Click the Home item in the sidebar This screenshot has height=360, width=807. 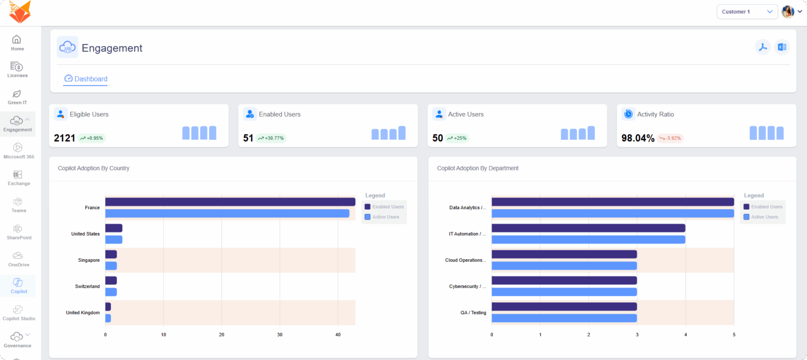point(17,43)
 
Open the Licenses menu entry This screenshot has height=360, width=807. point(17,70)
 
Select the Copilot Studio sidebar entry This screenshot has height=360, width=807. point(18,313)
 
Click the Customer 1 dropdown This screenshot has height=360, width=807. point(747,12)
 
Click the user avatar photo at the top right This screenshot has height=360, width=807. point(788,12)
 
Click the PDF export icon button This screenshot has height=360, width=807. point(762,47)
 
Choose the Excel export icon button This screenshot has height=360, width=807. point(782,47)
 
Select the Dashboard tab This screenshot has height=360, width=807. point(86,79)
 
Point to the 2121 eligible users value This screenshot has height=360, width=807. point(64,138)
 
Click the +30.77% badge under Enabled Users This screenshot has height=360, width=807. point(271,138)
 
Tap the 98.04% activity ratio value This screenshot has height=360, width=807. point(637,138)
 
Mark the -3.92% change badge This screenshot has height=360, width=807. point(670,138)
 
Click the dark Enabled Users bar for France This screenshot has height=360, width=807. point(230,202)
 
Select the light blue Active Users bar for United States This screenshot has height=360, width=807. point(113,240)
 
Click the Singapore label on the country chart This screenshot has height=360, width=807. point(88,260)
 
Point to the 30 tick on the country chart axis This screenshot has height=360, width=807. point(280,335)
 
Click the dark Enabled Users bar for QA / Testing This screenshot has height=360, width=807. point(564,307)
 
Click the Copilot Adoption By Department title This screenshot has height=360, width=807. point(478,169)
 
